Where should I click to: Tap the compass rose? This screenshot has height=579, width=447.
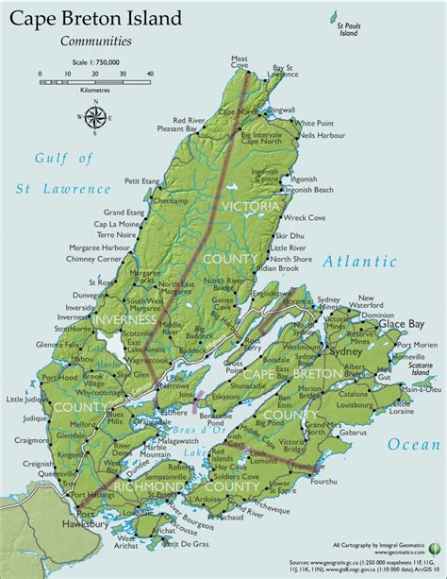(95, 118)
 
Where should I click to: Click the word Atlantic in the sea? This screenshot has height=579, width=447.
(359, 262)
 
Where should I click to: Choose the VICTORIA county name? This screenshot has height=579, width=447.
(249, 206)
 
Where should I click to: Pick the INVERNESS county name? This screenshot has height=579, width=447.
(124, 319)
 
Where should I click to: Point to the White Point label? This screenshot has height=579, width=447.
(315, 123)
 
